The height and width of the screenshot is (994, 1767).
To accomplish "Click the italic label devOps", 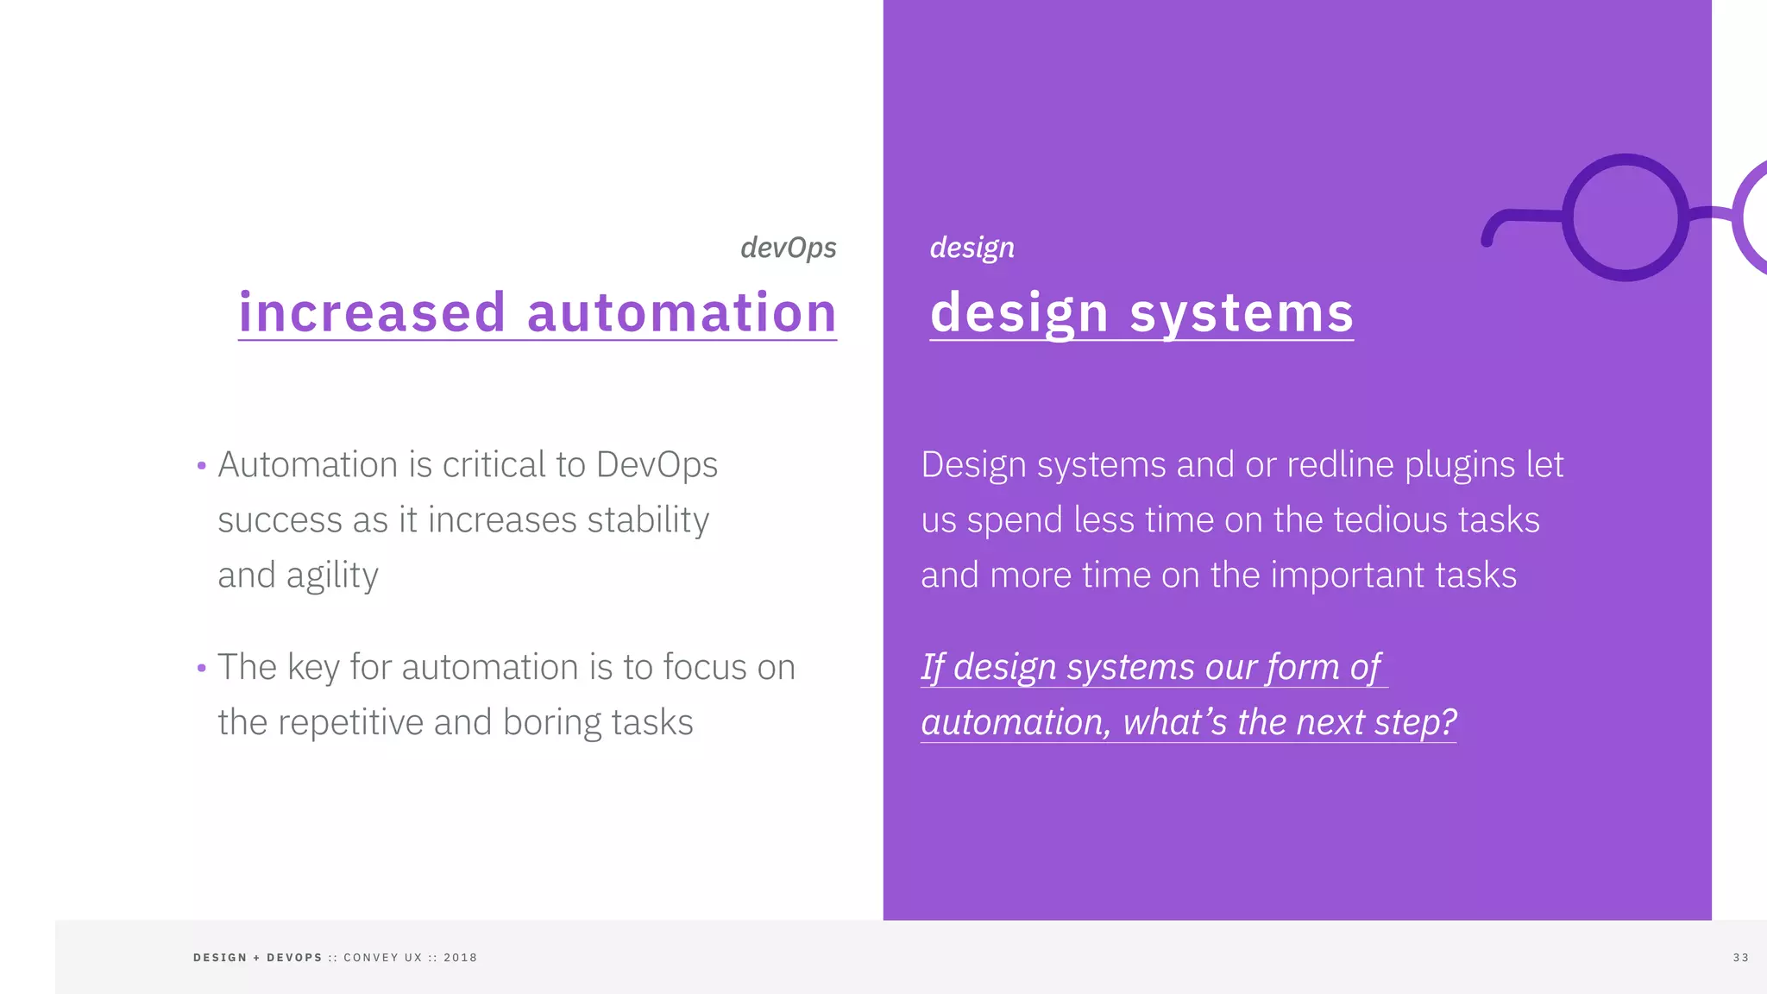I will click(x=788, y=248).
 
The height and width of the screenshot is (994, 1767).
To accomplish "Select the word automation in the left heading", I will click(x=682, y=311).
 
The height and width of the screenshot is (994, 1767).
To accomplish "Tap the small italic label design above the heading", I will click(x=972, y=248).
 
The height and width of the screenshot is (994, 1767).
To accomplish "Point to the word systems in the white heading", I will click(x=1242, y=311).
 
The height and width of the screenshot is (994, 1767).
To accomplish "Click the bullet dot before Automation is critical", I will click(x=202, y=466).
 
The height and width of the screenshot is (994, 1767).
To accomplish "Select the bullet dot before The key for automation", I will click(x=202, y=668).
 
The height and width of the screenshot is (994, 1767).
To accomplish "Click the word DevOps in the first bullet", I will click(x=657, y=465).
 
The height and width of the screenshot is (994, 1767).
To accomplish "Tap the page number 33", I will click(x=1740, y=958).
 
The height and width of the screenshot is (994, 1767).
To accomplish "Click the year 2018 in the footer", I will click(x=460, y=958).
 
